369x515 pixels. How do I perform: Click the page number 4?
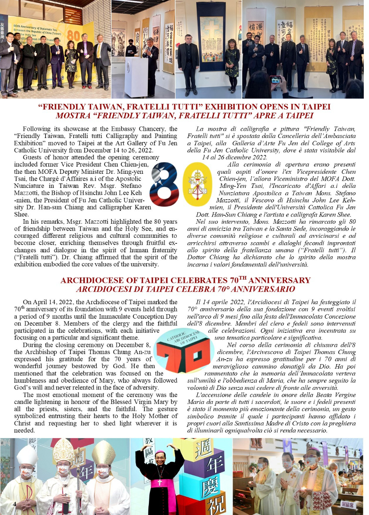14,504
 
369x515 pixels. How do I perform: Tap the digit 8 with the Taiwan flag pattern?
165,184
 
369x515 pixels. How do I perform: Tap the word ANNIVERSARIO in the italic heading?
267,289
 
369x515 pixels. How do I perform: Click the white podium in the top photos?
136,76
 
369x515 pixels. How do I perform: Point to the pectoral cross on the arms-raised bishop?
160,480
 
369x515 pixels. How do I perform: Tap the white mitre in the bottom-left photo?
27,455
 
